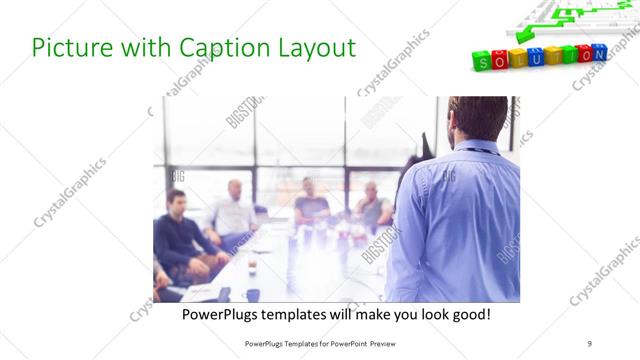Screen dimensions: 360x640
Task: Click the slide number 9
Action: (x=590, y=343)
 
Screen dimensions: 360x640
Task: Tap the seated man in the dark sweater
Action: (x=178, y=236)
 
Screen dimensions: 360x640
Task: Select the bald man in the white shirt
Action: (x=234, y=210)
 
